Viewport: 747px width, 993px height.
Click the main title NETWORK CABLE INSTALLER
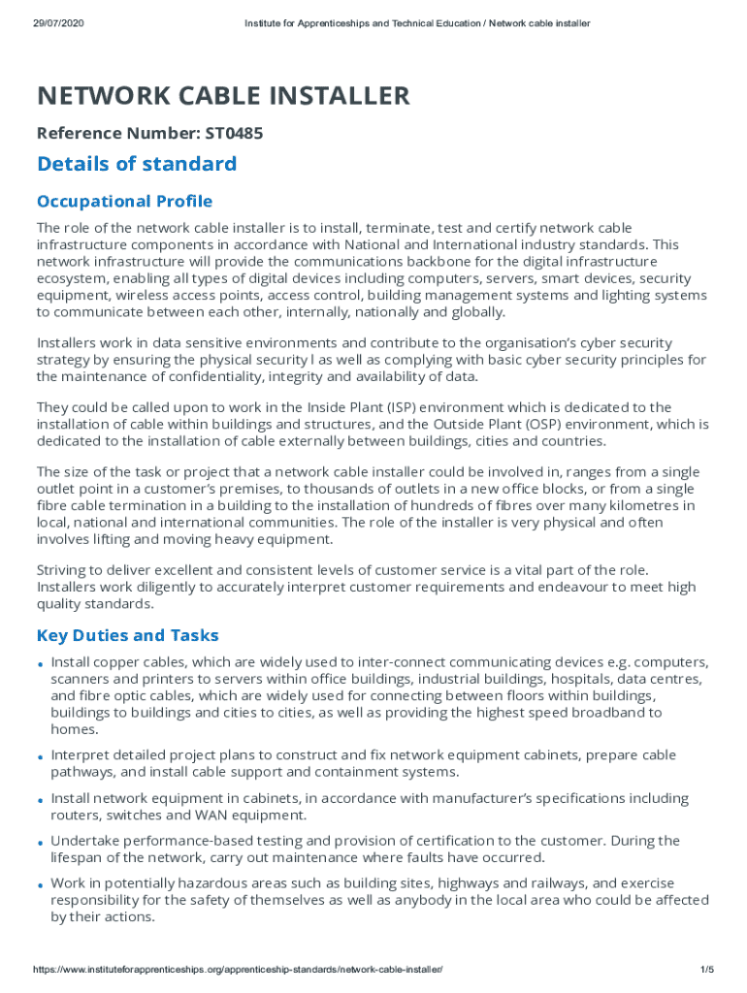pyautogui.click(x=223, y=96)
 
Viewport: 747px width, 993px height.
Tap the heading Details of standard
pyautogui.click(x=137, y=164)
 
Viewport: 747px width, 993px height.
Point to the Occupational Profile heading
pyautogui.click(x=124, y=202)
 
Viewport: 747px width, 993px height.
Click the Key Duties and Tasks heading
pyautogui.click(x=128, y=636)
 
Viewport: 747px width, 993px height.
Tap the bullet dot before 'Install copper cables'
pyautogui.click(x=41, y=665)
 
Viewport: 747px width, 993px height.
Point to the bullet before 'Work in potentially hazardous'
pyautogui.click(x=41, y=886)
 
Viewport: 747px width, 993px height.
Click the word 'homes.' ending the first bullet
pyautogui.click(x=75, y=729)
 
